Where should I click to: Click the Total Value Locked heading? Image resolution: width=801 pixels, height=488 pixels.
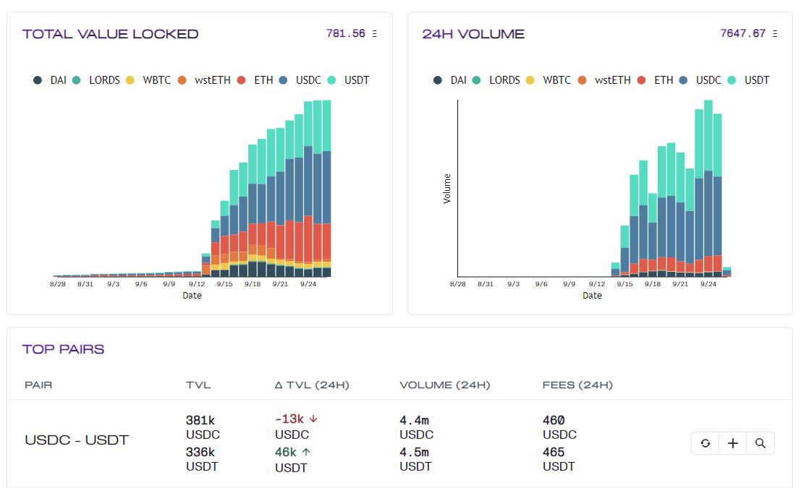(x=110, y=34)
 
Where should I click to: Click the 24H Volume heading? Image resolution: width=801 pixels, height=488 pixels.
(x=473, y=34)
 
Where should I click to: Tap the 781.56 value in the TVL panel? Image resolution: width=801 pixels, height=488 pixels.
(x=346, y=33)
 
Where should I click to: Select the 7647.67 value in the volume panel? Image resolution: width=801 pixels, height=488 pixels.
(x=742, y=33)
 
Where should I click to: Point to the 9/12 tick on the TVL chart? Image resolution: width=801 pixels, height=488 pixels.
(x=196, y=284)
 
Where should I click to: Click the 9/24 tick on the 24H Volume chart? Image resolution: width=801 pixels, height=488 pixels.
(x=708, y=284)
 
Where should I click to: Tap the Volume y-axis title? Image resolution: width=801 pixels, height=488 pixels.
(x=446, y=189)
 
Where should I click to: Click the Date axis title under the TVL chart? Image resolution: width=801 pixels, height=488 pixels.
(x=192, y=296)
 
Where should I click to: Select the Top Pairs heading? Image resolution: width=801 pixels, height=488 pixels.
(x=63, y=349)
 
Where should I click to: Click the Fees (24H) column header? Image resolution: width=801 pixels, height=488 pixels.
(x=577, y=385)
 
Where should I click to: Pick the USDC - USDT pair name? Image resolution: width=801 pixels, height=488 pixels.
(x=77, y=440)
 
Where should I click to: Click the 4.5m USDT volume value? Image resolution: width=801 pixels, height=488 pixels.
(x=414, y=453)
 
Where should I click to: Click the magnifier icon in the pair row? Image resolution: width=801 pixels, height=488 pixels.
(x=760, y=443)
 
